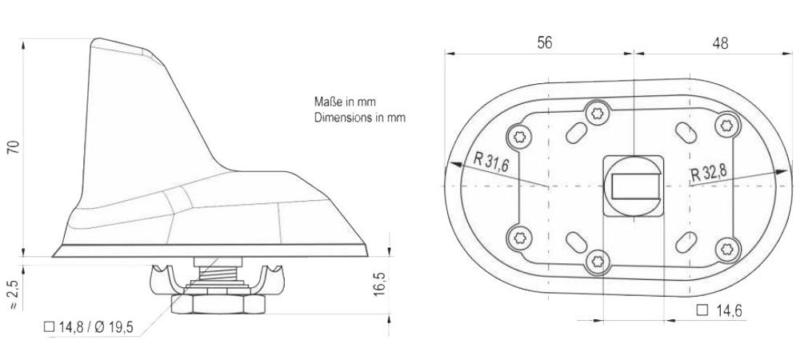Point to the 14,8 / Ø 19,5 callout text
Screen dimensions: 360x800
87,327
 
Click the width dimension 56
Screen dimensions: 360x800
544,44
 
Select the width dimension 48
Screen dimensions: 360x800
719,44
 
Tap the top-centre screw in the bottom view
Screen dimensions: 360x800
597,112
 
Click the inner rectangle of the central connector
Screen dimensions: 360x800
631,187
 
